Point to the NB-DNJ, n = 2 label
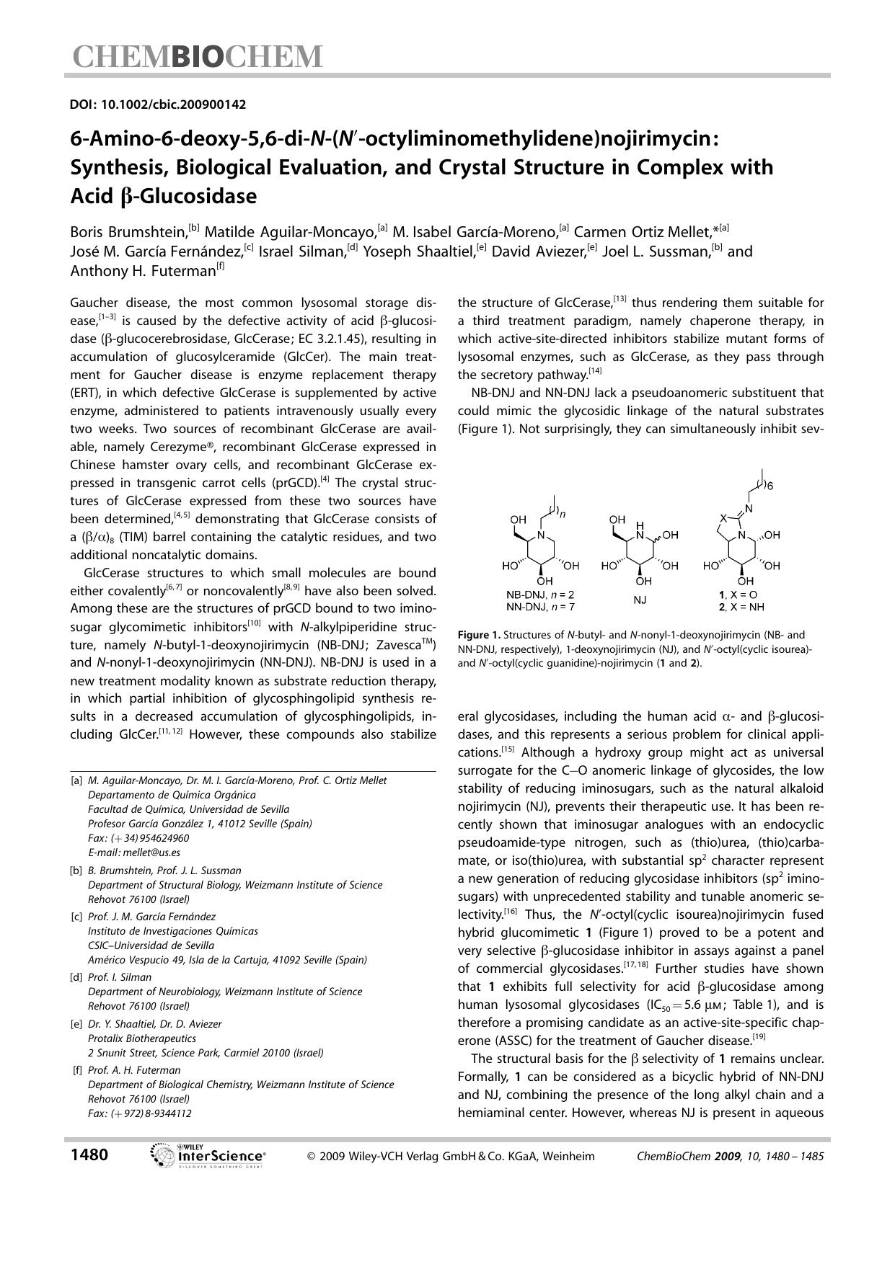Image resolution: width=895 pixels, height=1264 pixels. coord(540,595)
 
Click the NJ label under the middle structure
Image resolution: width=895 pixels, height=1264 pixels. coord(640,600)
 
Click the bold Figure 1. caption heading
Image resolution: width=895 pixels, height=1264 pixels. coord(479,636)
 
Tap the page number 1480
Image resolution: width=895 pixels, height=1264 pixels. coord(89,1155)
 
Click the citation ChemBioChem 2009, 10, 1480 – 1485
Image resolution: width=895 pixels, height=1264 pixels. coord(730,1157)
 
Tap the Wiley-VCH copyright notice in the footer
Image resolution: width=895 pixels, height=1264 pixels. coord(451,1157)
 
